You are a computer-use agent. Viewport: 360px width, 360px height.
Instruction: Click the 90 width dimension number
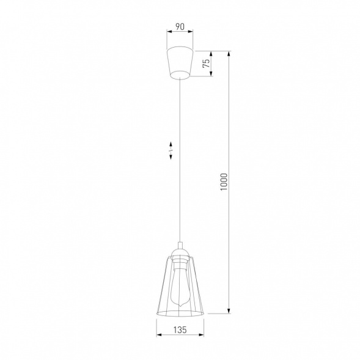[x=180, y=26]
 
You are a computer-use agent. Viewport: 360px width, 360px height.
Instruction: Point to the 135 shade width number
[x=180, y=329]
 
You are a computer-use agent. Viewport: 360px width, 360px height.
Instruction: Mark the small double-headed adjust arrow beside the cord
[x=172, y=150]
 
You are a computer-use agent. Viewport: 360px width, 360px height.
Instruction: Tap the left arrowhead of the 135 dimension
[x=158, y=336]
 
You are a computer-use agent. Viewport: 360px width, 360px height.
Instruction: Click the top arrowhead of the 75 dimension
[x=211, y=52]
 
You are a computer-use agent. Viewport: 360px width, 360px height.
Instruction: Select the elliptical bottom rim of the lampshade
[x=180, y=314]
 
